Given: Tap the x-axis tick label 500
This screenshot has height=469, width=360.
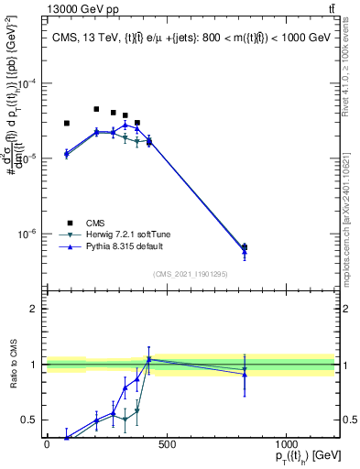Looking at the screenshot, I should pyautogui.click(x=166, y=444).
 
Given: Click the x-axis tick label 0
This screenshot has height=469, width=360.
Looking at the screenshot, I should pyautogui.click(x=47, y=444).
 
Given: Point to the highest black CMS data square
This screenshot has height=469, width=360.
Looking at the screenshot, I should pyautogui.click(x=96, y=109).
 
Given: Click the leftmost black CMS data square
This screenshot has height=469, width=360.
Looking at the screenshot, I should pyautogui.click(x=66, y=123).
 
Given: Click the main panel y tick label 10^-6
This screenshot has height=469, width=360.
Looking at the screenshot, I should pyautogui.click(x=27, y=234).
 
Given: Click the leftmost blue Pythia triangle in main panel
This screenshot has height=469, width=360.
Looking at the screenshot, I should pyautogui.click(x=66, y=153).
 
